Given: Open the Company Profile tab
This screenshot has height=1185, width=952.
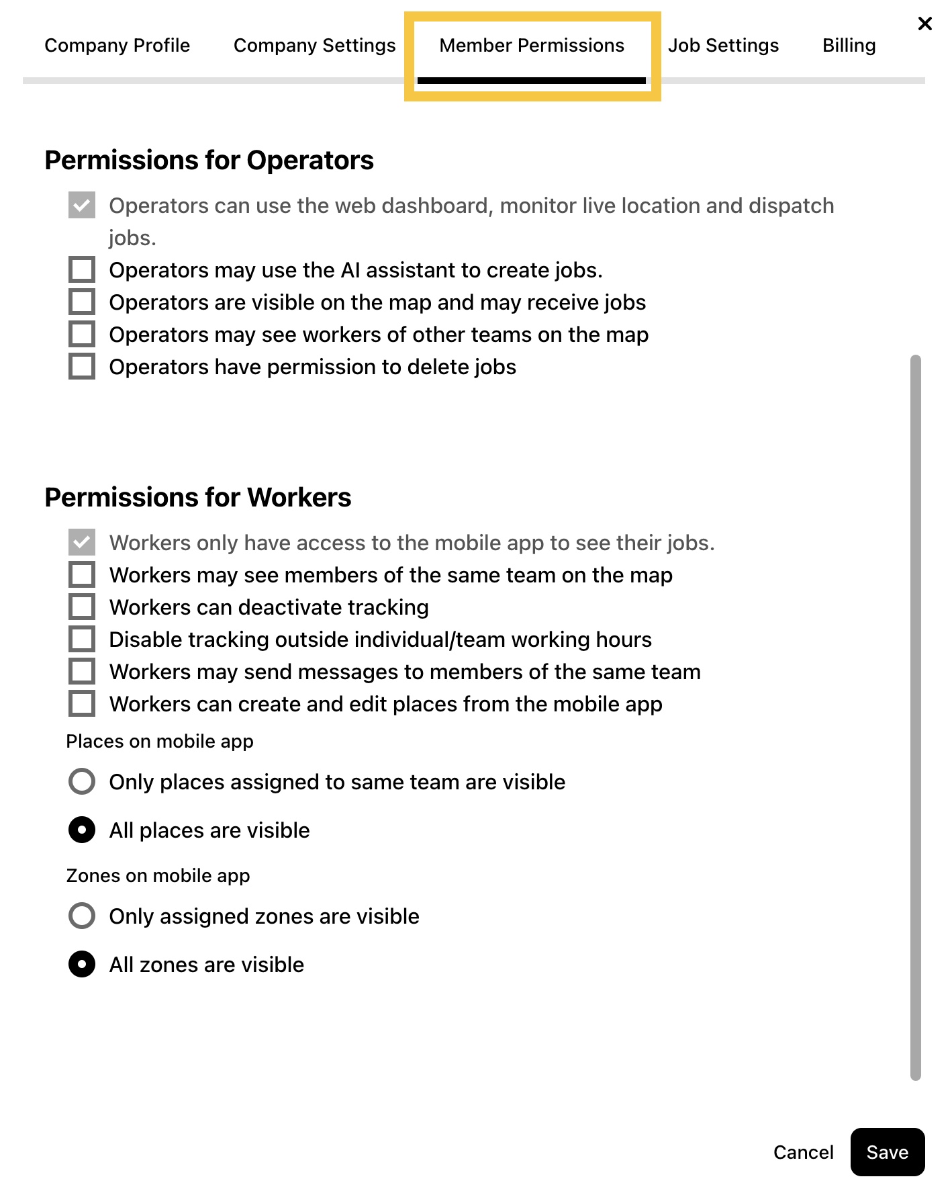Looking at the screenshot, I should [117, 46].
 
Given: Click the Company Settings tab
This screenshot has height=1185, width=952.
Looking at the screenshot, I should [314, 46].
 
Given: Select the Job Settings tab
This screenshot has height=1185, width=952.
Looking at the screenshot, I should [723, 46].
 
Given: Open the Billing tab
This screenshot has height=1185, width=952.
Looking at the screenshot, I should [849, 46].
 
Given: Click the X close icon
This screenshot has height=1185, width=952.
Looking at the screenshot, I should [924, 24].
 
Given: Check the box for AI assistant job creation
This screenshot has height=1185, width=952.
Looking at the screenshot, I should [82, 270].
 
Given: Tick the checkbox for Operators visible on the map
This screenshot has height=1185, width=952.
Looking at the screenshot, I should [82, 302].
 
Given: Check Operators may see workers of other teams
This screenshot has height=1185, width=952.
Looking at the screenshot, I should [82, 335].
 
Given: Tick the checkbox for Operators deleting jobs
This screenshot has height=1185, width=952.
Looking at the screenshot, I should [82, 367].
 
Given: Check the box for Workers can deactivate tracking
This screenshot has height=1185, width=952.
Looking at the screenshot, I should [82, 607].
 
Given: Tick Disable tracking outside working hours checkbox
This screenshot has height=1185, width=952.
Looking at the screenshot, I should [82, 640].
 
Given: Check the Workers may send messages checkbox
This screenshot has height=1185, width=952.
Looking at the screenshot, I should [82, 672].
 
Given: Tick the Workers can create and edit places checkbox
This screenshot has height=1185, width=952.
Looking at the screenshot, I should [82, 704].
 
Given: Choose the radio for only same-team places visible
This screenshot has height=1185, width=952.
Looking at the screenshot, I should [82, 782].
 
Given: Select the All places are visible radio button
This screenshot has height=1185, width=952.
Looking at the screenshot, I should [82, 830].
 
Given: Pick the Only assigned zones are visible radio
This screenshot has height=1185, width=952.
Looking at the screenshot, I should [82, 916].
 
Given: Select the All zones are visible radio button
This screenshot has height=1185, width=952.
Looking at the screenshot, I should [82, 965].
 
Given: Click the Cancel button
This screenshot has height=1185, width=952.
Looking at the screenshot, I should [803, 1153].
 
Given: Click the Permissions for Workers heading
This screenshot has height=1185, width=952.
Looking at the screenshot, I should [198, 498].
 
